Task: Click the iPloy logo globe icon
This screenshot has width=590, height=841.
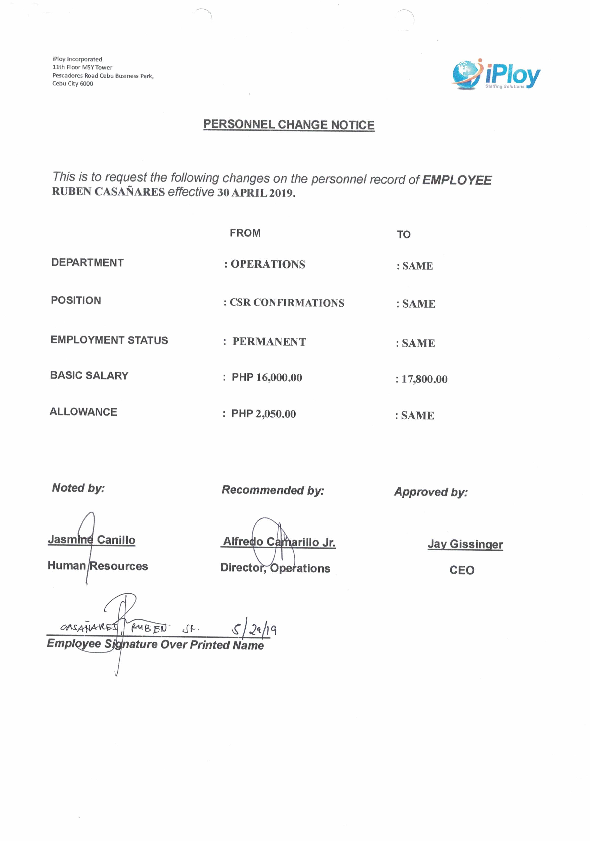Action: [466, 74]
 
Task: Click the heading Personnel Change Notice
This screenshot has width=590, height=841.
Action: [289, 125]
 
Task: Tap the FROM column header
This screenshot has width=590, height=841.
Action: [245, 233]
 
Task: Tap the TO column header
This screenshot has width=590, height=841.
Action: [403, 234]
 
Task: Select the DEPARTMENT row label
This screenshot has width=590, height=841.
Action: [87, 263]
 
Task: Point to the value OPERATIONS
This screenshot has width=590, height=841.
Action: [268, 264]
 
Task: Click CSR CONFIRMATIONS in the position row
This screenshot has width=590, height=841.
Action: [287, 302]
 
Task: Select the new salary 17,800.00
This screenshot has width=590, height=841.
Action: [424, 379]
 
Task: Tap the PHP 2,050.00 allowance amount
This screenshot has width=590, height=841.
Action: [263, 414]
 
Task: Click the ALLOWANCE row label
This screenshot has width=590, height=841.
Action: [83, 412]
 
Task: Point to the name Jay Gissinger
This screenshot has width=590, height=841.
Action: [465, 544]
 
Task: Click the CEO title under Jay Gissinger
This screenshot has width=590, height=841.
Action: [462, 570]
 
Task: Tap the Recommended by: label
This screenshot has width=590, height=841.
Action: [273, 490]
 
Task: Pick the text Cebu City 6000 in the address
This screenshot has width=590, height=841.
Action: [72, 83]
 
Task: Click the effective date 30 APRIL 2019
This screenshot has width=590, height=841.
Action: [256, 193]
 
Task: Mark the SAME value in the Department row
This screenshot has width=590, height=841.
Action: [417, 266]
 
